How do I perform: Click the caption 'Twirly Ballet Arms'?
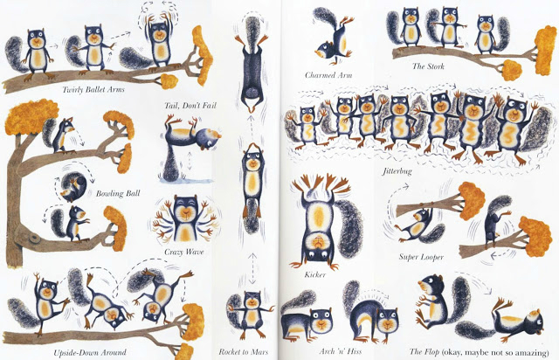coord(93,89)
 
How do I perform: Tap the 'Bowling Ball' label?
coord(118,194)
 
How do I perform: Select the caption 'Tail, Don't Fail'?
coord(190,106)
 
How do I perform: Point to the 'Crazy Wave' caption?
coord(184,252)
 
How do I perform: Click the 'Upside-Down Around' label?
coord(90,353)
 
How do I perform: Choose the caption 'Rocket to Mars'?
coord(243,352)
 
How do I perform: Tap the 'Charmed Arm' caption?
coord(328,75)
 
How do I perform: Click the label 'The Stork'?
coord(428,66)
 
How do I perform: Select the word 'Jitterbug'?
coord(397,171)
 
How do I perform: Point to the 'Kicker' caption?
coord(315,274)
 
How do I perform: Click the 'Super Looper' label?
coord(421,257)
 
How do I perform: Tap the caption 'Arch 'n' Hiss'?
coord(340,351)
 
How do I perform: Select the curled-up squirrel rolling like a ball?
coord(73,186)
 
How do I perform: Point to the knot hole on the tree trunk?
coord(35,237)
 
